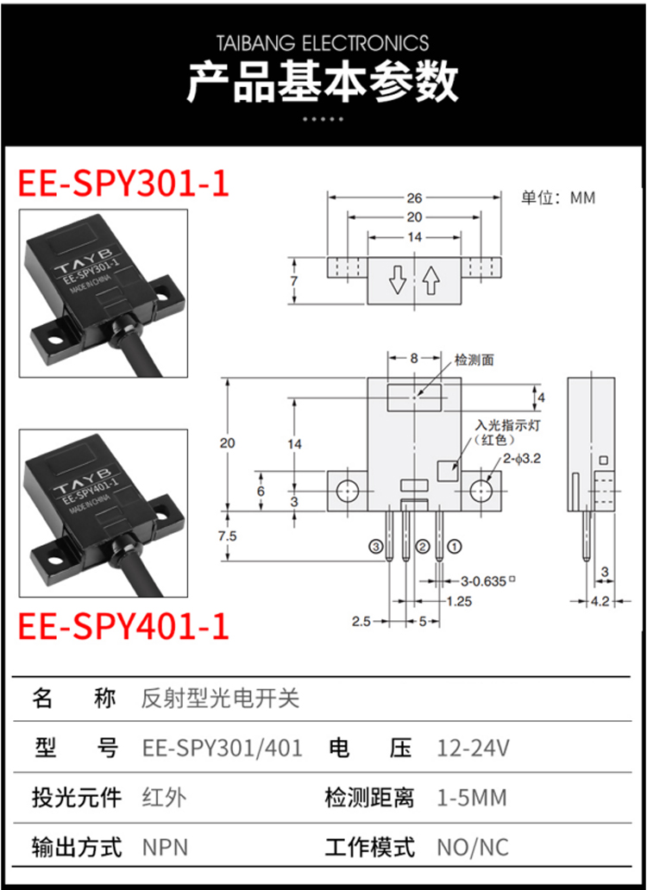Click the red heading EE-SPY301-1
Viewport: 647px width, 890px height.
(123, 184)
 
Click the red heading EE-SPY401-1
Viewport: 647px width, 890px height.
(123, 626)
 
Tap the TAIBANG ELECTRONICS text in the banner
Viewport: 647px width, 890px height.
(323, 43)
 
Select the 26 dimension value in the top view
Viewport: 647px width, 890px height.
(415, 198)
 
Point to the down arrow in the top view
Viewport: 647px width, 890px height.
(398, 280)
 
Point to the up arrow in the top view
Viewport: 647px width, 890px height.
(431, 280)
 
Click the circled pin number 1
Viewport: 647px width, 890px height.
(455, 547)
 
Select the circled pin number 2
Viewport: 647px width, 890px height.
(422, 547)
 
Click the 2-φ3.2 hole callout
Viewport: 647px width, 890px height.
(521, 459)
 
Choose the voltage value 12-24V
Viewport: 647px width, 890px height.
(474, 749)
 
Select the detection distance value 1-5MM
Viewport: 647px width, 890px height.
(471, 798)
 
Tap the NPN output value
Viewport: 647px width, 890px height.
(165, 848)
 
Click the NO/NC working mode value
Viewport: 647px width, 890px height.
(472, 848)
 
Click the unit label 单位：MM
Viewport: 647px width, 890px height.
(558, 198)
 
